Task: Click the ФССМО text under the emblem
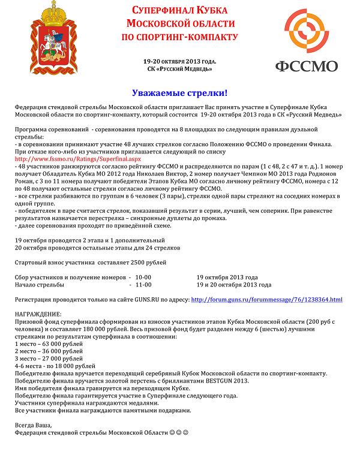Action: (306, 66)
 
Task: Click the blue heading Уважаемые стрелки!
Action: (179, 94)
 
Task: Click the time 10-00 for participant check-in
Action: (143, 278)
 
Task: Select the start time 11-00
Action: (143, 285)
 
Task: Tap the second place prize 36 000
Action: (54, 351)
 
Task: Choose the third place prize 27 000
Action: (54, 358)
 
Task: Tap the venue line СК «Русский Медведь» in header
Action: (179, 69)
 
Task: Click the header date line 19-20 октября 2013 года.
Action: (179, 62)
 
